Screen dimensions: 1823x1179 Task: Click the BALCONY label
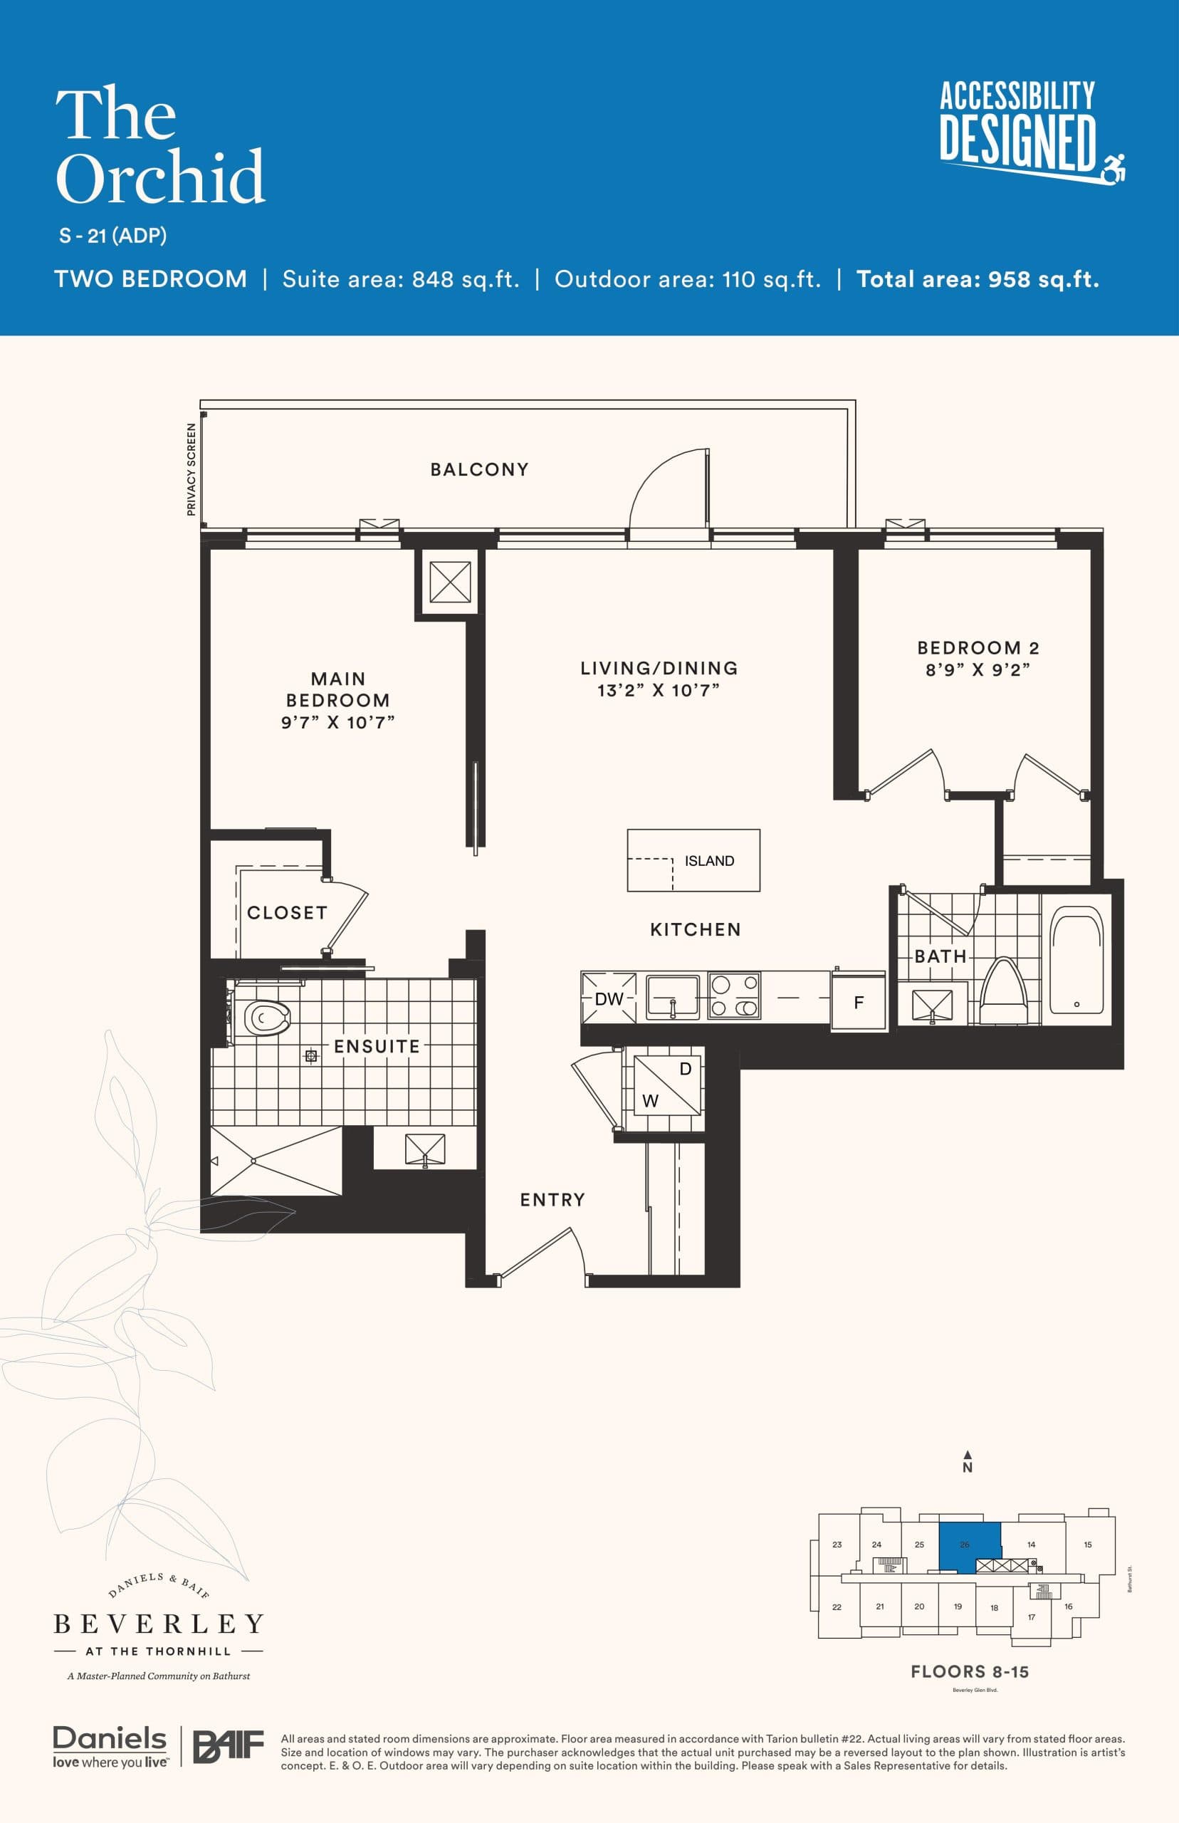click(x=479, y=469)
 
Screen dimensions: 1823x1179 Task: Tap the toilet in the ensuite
click(x=266, y=1018)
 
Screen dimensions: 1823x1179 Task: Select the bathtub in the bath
click(x=1076, y=959)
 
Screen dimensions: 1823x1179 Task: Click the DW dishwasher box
click(x=609, y=998)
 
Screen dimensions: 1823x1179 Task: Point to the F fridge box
click(x=858, y=1001)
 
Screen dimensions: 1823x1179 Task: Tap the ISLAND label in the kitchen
click(x=709, y=861)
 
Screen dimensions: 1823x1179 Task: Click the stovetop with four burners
click(x=733, y=996)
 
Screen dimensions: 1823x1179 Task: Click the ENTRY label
click(x=552, y=1200)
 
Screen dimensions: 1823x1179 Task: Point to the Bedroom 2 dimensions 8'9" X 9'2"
click(x=978, y=670)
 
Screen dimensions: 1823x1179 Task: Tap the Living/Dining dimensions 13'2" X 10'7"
click(x=659, y=691)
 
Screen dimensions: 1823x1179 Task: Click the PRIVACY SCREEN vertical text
click(x=192, y=469)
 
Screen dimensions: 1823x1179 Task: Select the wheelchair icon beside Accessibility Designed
click(x=1115, y=167)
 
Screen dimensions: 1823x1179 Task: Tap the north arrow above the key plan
click(x=968, y=1456)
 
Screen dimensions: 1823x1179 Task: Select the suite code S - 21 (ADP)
click(x=112, y=236)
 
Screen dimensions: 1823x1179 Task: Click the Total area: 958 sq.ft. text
click(x=977, y=278)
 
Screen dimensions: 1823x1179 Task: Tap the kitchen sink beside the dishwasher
click(x=672, y=997)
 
